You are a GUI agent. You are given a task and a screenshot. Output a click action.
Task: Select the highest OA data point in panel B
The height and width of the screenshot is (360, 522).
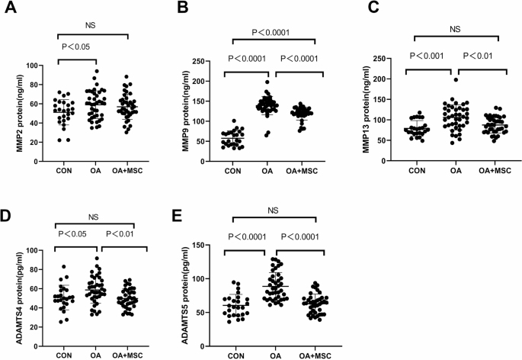coord(268,82)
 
